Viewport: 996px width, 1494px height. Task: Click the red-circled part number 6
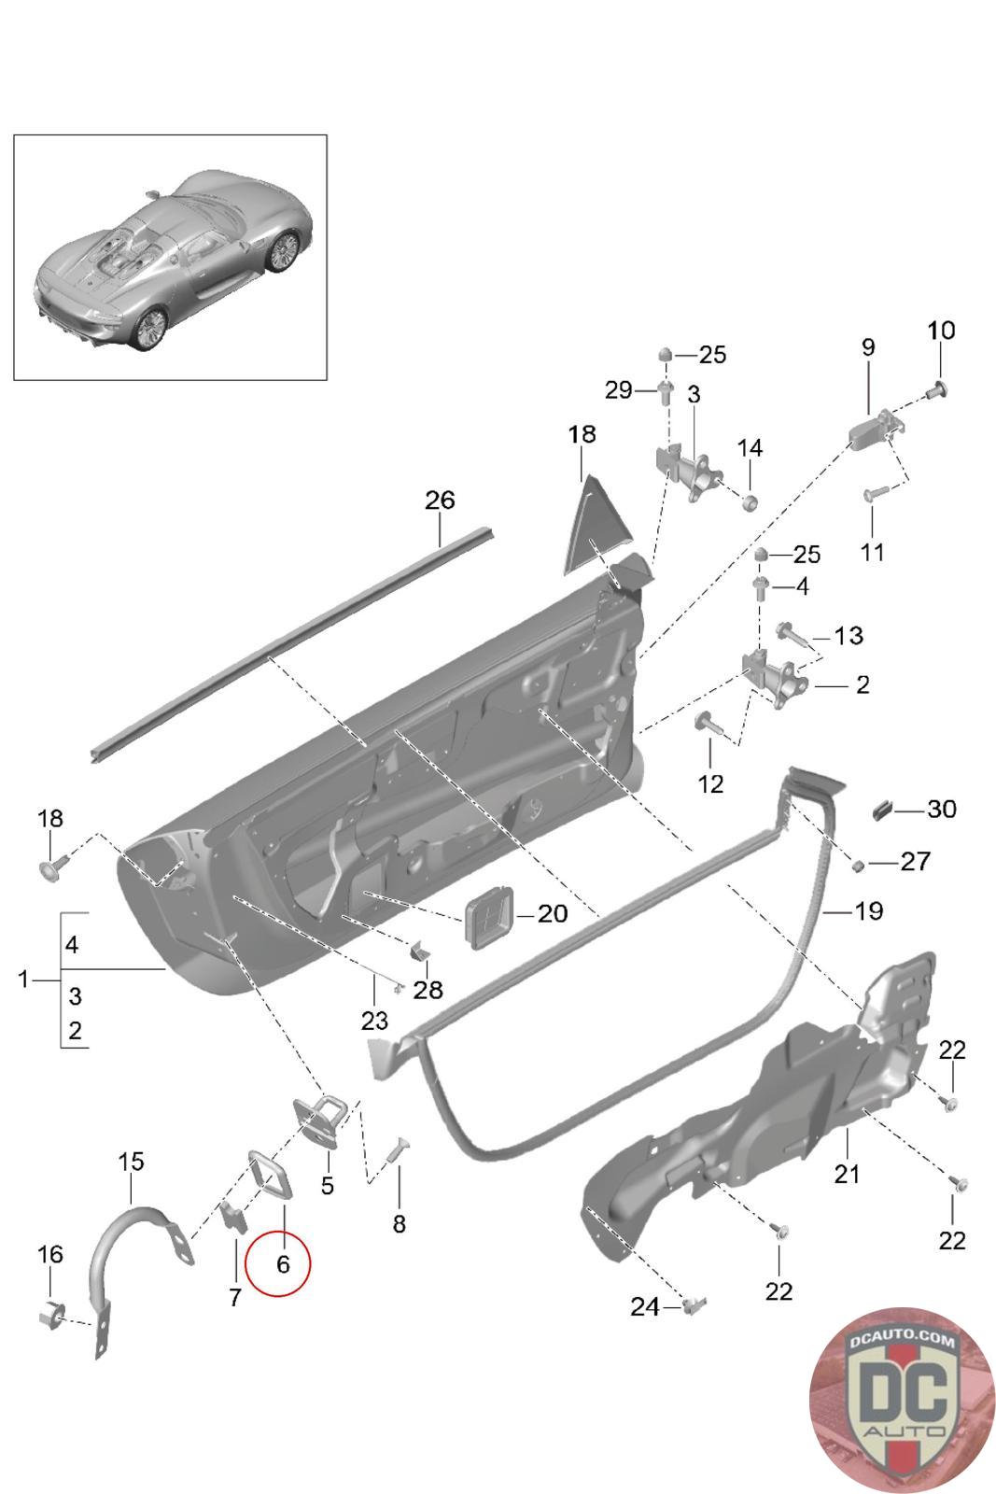[x=283, y=1263]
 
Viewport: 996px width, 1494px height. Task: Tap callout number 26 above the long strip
[x=440, y=500]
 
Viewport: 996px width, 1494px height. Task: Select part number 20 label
[x=552, y=914]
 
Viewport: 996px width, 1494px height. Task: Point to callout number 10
[x=941, y=331]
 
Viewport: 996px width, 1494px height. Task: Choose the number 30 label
[x=941, y=809]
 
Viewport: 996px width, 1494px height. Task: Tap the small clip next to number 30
[x=882, y=810]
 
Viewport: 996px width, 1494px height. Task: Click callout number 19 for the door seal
[x=868, y=911]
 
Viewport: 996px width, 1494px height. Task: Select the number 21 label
[x=847, y=1174]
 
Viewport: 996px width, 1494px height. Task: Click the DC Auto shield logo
[x=903, y=1400]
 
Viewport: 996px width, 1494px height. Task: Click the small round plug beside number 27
[x=859, y=866]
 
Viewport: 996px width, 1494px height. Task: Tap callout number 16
[x=50, y=1254]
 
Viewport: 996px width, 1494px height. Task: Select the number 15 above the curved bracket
[x=131, y=1162]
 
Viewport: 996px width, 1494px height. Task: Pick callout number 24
[x=645, y=1306]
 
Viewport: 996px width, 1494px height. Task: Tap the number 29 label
[x=618, y=389]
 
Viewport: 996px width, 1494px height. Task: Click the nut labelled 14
[x=750, y=501]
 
